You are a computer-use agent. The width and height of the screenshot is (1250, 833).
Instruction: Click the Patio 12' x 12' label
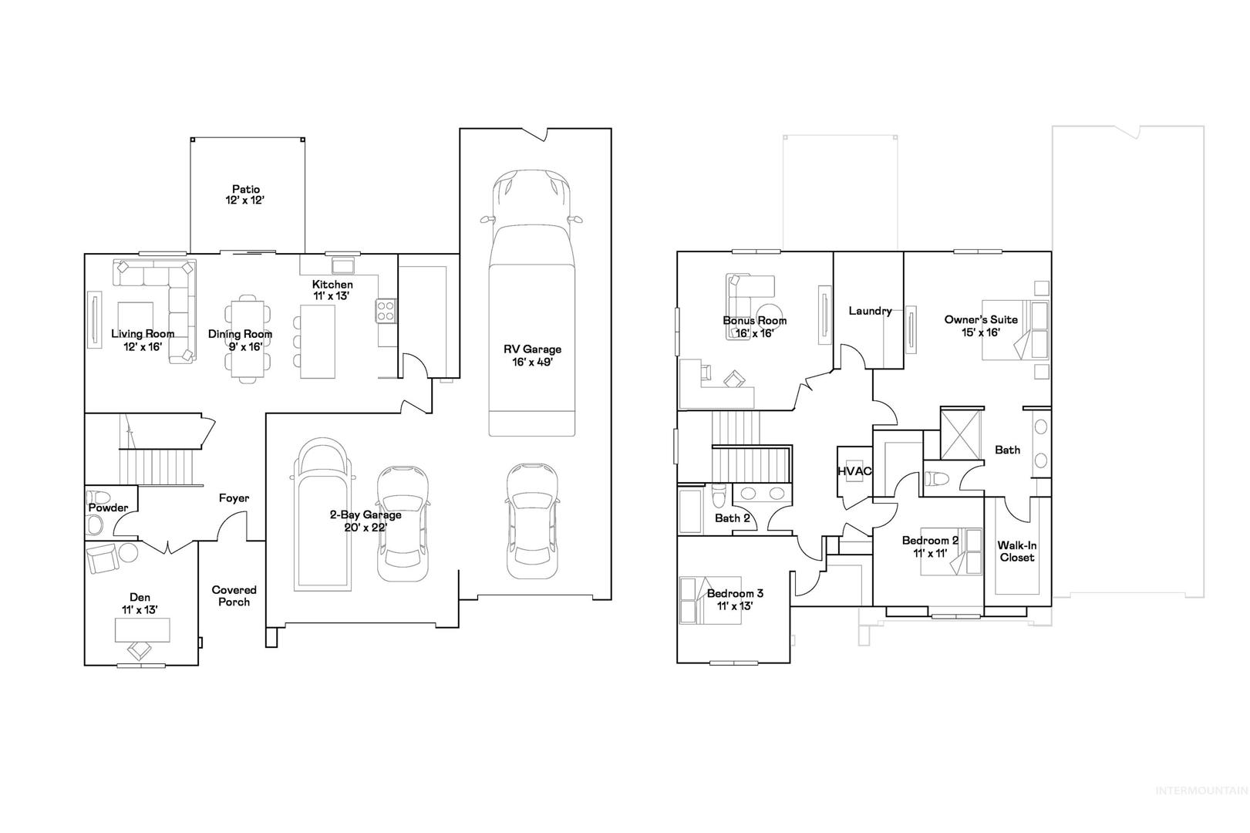(245, 195)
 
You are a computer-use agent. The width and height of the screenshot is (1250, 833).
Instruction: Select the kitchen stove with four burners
(386, 310)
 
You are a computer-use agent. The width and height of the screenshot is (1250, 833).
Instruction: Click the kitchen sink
(342, 264)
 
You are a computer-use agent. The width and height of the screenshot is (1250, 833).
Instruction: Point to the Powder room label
(108, 508)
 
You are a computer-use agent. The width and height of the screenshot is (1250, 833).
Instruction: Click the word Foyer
(234, 498)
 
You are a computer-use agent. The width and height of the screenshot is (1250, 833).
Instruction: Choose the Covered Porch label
(234, 595)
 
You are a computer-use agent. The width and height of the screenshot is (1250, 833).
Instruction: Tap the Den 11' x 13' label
(140, 603)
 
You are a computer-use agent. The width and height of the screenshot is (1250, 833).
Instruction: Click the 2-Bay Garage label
(366, 521)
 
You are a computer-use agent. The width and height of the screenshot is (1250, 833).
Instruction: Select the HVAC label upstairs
(854, 471)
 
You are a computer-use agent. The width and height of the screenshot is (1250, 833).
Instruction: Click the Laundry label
(870, 311)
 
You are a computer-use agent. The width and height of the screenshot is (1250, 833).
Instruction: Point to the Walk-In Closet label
(1017, 551)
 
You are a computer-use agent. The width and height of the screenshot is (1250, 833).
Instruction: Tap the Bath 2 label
(732, 518)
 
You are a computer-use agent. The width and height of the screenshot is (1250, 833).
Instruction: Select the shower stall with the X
(960, 434)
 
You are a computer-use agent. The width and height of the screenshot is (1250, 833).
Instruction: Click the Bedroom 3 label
(735, 599)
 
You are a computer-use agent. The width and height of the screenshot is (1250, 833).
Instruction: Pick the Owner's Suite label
(980, 325)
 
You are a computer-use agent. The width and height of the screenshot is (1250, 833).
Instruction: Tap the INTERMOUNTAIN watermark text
(1201, 791)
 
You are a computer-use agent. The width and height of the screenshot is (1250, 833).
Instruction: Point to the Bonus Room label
(754, 326)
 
